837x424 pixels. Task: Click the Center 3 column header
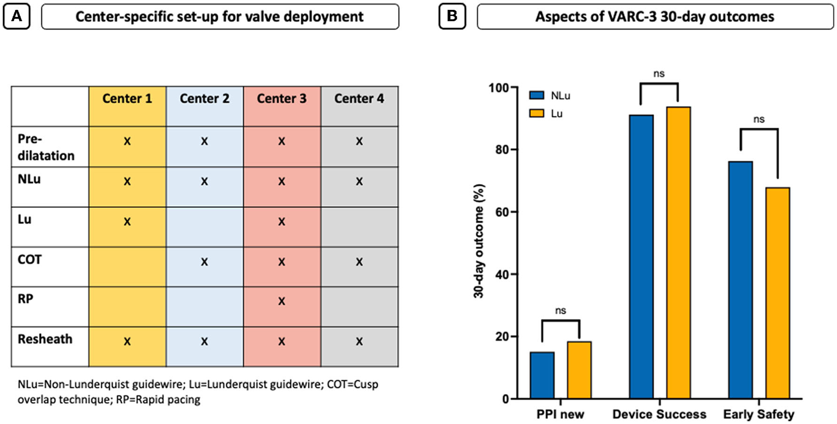pos(282,98)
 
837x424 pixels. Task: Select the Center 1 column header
pos(127,98)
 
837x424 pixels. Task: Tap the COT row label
pos(30,260)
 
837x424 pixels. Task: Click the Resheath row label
pos(45,339)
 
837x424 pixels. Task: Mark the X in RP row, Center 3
pos(282,301)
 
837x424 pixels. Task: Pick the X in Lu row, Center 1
pos(127,221)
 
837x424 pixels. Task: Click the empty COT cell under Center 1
pos(127,267)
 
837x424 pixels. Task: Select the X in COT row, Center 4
pos(359,261)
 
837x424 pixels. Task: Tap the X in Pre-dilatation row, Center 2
pos(204,141)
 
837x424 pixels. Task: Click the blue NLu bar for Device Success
pos(641,257)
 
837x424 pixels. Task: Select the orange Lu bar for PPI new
pos(579,370)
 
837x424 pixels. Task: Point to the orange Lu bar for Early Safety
pos(777,293)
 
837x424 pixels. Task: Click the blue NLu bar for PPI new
pos(542,375)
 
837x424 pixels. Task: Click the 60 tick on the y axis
pos(502,212)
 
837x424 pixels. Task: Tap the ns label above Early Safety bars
pos(759,120)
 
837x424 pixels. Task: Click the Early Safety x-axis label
pos(759,414)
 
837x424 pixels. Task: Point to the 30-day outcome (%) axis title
pos(479,241)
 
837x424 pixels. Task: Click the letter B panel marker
pos(452,16)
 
